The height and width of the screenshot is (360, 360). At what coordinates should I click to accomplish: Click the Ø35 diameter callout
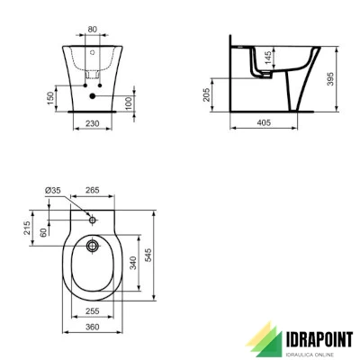coord(51,190)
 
